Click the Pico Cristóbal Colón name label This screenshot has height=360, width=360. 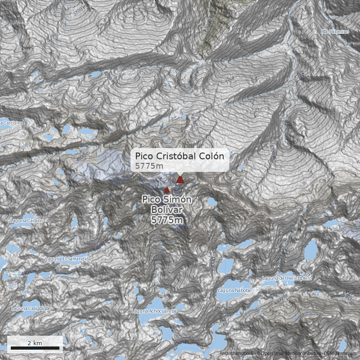click(x=179, y=156)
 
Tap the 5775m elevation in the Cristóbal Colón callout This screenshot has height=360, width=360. click(x=149, y=166)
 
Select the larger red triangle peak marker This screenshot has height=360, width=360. click(x=180, y=180)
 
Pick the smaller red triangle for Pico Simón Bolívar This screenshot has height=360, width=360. click(x=167, y=189)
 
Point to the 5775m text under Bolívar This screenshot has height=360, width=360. click(x=167, y=220)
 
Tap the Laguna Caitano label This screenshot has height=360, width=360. click(x=27, y=220)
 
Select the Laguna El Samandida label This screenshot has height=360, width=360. click(x=68, y=259)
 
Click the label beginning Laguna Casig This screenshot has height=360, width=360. click(x=31, y=308)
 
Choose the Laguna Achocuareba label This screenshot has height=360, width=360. click(x=153, y=311)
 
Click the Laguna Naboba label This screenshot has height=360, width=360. click(x=234, y=290)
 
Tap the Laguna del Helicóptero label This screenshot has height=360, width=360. click(x=287, y=279)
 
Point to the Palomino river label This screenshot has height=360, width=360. click(x=335, y=32)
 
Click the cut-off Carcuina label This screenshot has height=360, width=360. click(x=12, y=122)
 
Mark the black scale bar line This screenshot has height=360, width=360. click(x=35, y=348)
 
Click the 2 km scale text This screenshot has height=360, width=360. click(x=35, y=343)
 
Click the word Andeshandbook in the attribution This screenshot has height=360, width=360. click(x=237, y=354)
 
